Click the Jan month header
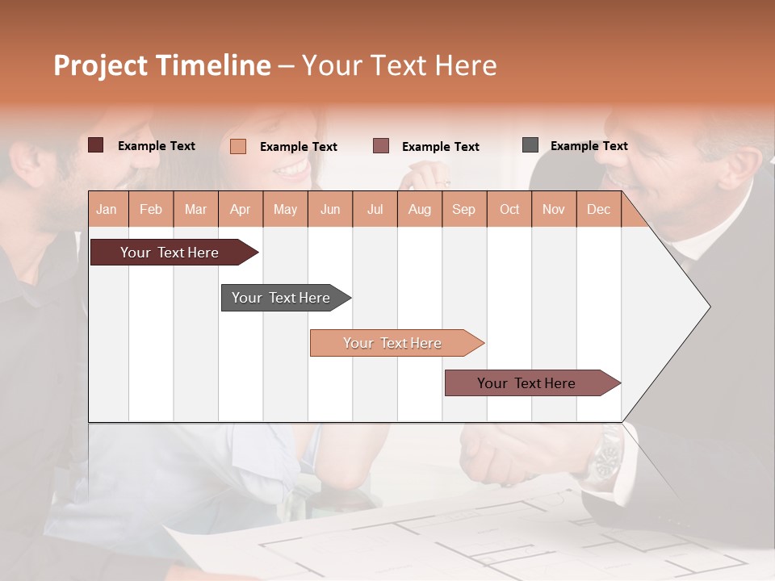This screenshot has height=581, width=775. pyautogui.click(x=107, y=209)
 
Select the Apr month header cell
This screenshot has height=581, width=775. pyautogui.click(x=241, y=209)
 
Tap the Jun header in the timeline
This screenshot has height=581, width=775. pyautogui.click(x=330, y=209)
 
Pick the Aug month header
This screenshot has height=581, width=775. pyautogui.click(x=420, y=209)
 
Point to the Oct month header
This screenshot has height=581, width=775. pyautogui.click(x=509, y=209)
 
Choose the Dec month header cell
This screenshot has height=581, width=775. pyautogui.click(x=598, y=209)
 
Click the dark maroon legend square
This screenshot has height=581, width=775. pyautogui.click(x=96, y=145)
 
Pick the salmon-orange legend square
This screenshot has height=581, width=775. pyautogui.click(x=238, y=146)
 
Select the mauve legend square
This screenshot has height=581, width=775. pyautogui.click(x=381, y=146)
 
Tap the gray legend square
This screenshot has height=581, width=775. pyautogui.click(x=530, y=145)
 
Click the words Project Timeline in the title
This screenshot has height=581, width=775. pyautogui.click(x=162, y=65)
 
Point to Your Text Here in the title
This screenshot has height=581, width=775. pyautogui.click(x=399, y=65)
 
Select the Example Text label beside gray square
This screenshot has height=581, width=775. pyautogui.click(x=589, y=145)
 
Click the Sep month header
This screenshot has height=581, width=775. pyautogui.click(x=463, y=209)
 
